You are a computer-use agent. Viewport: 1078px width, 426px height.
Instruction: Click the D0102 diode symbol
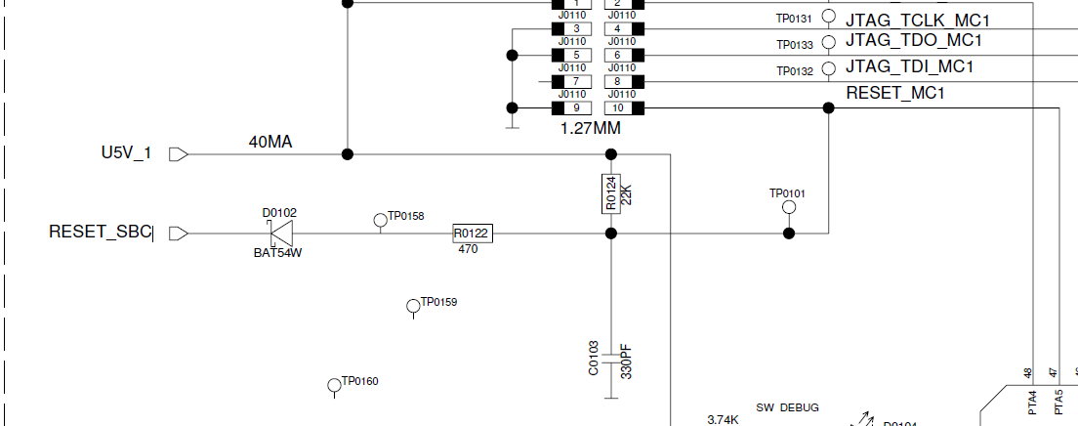click(281, 234)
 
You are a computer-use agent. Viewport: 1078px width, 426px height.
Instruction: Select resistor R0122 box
click(472, 234)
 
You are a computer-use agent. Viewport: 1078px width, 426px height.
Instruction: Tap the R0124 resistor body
click(611, 194)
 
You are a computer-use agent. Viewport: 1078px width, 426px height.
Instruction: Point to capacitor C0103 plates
click(611, 358)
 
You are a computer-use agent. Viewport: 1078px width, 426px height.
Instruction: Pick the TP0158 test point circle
click(381, 221)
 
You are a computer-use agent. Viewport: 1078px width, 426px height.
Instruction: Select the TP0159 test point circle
click(413, 307)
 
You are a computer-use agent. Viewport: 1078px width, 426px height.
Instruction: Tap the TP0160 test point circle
click(334, 385)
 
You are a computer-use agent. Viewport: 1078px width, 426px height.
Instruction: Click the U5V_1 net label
click(126, 153)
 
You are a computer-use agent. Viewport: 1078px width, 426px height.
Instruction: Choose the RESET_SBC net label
click(101, 233)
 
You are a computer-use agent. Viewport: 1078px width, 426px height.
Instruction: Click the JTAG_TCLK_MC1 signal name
click(918, 19)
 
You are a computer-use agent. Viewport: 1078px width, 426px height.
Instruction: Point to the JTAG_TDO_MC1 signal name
click(913, 41)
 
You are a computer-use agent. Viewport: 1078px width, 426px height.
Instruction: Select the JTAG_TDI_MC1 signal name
click(909, 67)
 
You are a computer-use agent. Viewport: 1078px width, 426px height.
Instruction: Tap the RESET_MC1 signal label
click(894, 94)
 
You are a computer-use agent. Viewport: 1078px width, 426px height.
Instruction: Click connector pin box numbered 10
click(619, 107)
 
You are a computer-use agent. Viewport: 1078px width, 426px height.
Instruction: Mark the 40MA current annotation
click(270, 143)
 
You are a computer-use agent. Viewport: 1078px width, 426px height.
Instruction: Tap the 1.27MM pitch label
click(590, 128)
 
